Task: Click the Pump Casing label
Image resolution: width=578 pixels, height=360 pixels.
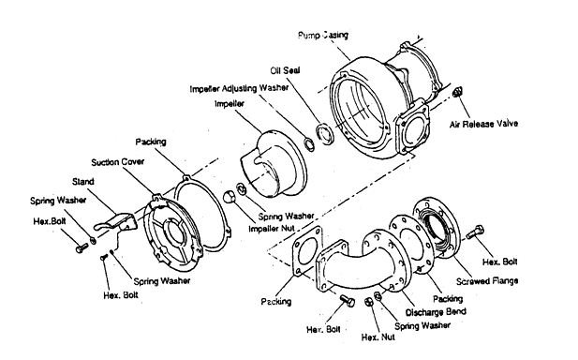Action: click(x=323, y=36)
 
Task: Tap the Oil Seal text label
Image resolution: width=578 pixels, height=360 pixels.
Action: click(x=285, y=70)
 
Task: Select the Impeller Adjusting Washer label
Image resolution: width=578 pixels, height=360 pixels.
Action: click(x=239, y=88)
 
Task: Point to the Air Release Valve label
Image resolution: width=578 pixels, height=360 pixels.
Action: click(x=483, y=124)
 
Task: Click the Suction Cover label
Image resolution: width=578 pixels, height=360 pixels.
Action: click(x=118, y=162)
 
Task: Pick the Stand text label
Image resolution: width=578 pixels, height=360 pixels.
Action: click(x=83, y=182)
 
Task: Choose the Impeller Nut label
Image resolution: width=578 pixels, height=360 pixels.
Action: click(x=272, y=229)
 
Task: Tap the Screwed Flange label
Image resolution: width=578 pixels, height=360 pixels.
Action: click(x=487, y=281)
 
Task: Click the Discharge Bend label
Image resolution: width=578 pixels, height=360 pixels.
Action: click(x=436, y=312)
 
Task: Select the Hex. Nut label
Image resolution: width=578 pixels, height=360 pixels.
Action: click(x=378, y=337)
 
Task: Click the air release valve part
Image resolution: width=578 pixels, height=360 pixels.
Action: click(x=457, y=92)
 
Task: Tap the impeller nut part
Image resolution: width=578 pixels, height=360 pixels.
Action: click(x=229, y=197)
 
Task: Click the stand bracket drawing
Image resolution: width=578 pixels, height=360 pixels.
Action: click(x=116, y=222)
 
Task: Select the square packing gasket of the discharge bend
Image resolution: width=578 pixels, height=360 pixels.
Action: click(x=308, y=251)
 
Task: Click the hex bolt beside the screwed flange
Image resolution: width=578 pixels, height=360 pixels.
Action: click(x=475, y=232)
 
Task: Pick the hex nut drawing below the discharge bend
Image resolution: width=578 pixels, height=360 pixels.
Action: click(x=368, y=302)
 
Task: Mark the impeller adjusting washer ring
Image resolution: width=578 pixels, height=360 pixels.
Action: click(x=309, y=144)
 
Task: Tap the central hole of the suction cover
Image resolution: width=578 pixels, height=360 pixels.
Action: click(x=176, y=232)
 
